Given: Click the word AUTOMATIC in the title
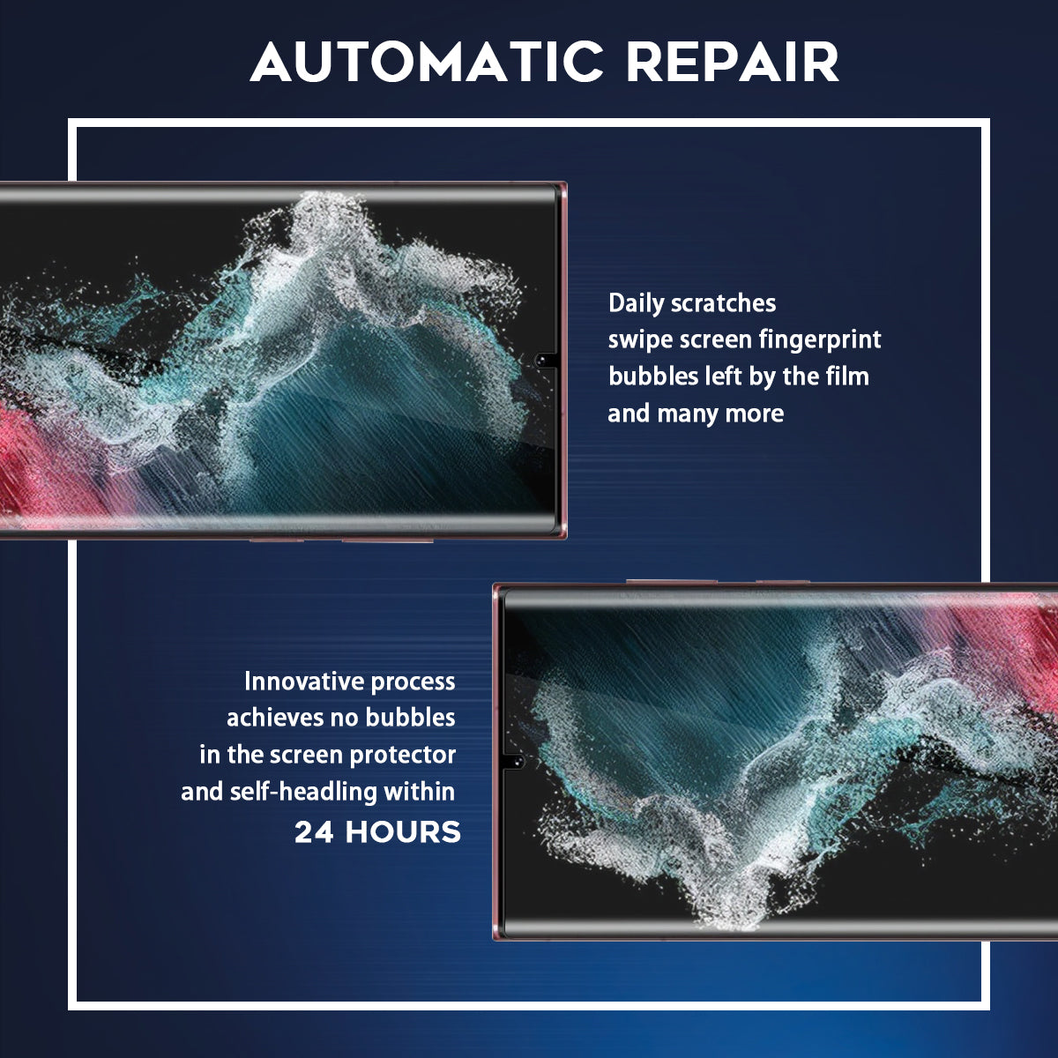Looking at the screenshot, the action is [x=427, y=62].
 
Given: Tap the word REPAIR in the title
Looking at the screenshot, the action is [x=733, y=62].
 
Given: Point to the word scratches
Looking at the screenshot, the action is [x=724, y=303].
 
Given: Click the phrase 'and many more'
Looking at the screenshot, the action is [x=696, y=414].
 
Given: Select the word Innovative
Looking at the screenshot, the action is [x=303, y=682].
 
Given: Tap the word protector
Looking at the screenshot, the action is [x=403, y=756].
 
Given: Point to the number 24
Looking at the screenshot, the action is [x=314, y=832].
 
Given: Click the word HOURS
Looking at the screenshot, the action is [x=403, y=832].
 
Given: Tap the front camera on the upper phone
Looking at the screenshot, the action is [x=542, y=361].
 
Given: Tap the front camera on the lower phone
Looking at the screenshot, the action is [x=518, y=761].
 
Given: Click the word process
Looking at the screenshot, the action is [x=413, y=682].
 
